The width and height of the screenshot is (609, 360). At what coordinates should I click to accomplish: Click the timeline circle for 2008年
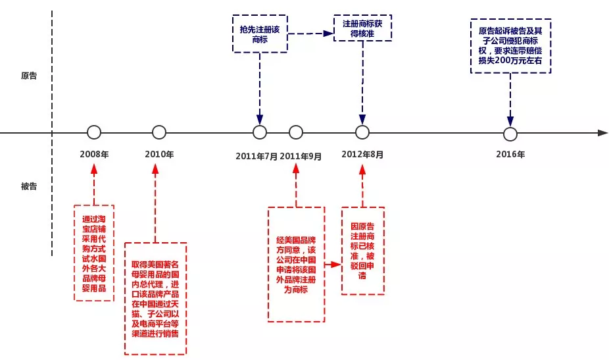94,132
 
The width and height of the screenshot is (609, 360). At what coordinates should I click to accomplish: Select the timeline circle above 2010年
159,132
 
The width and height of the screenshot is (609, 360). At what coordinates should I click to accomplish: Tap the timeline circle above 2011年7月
260,132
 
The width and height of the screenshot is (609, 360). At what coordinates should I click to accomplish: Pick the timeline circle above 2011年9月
296,132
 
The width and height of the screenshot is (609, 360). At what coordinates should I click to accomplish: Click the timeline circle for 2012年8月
362,132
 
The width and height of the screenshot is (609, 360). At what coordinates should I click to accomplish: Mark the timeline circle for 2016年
510,134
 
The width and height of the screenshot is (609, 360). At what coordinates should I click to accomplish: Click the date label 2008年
94,155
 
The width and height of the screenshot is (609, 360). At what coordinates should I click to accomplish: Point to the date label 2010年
159,155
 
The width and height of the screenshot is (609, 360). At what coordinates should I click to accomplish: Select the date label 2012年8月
362,155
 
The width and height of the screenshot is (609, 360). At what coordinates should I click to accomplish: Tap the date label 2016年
510,155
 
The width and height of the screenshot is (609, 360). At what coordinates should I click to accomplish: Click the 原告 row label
29,76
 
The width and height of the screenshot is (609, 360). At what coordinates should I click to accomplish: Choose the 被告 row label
29,186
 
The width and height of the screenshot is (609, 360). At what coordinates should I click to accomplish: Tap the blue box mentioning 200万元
510,45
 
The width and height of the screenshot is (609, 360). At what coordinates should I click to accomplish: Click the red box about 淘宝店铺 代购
94,253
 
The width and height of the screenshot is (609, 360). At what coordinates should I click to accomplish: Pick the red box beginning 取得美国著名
156,298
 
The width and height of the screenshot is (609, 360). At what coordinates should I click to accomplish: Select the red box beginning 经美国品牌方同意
296,264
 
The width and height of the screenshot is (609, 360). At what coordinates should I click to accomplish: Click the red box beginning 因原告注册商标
362,250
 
